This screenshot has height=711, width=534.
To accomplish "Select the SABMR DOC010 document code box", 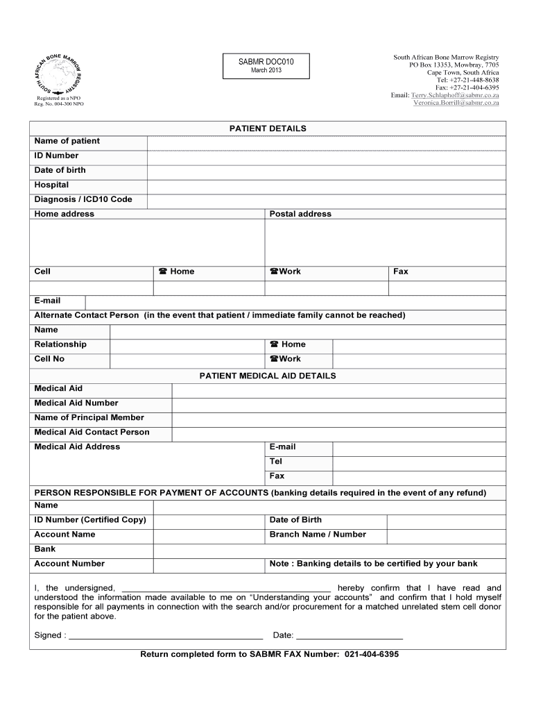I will click(266, 66).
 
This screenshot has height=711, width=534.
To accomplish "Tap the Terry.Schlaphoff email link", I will click(455, 94).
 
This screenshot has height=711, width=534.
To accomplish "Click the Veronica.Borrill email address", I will click(456, 103).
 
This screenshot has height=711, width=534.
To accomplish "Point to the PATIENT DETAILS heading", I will click(268, 128).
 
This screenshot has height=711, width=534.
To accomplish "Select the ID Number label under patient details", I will click(57, 156).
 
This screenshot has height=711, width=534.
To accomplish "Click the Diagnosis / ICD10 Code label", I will click(83, 199).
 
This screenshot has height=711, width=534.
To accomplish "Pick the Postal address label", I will click(300, 214).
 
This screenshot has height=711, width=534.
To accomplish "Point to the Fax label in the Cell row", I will click(401, 271).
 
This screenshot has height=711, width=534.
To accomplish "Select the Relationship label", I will click(61, 344).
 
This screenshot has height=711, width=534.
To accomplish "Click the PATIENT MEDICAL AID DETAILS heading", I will click(268, 376).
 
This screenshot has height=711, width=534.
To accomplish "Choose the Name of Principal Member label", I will click(89, 417).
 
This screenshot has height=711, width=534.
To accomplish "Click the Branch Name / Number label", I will click(318, 535).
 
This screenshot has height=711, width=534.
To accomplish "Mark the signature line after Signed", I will click(166, 635).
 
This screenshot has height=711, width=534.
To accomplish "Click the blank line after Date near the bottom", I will click(350, 635).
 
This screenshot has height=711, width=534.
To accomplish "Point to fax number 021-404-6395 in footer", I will click(372, 654).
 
